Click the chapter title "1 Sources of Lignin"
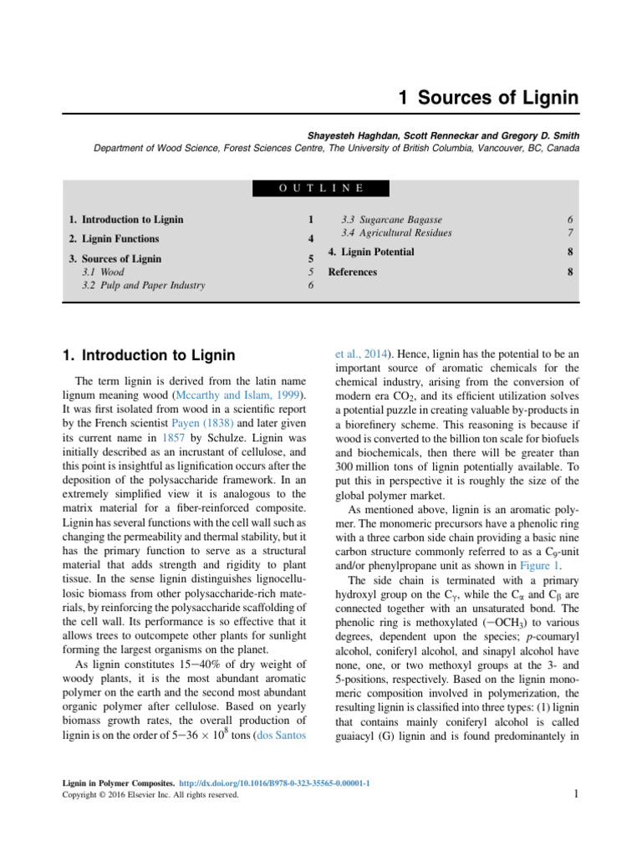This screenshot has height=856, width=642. pos(488,98)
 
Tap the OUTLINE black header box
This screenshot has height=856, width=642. pos(321,188)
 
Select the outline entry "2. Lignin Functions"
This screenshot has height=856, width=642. pos(114,239)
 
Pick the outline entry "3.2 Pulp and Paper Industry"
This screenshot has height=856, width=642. pos(143,285)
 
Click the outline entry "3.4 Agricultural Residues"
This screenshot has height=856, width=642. pos(396,232)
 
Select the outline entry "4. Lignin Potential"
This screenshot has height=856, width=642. pos(370,252)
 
